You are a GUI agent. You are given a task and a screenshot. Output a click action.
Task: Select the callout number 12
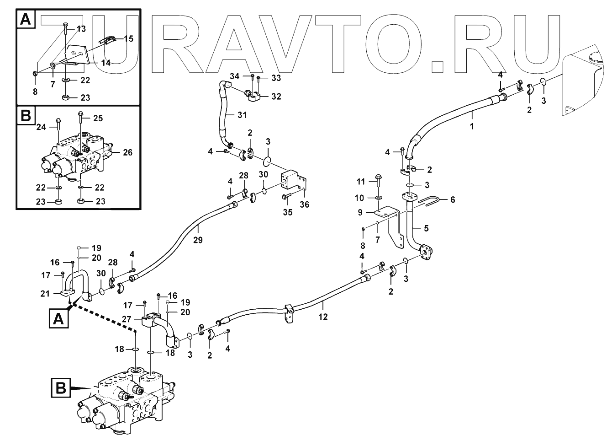(x=323, y=316)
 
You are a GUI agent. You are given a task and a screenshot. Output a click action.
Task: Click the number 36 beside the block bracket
(x=305, y=204)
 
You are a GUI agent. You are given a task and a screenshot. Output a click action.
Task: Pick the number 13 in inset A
(x=81, y=29)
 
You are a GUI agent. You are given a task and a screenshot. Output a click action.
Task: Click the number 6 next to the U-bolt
(x=452, y=199)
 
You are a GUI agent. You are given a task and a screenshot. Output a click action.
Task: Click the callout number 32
(x=276, y=97)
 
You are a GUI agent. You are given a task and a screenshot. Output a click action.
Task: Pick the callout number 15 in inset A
(x=128, y=39)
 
